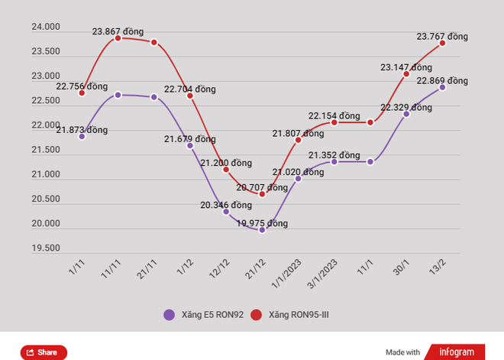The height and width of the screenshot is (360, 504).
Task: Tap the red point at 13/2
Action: (442, 43)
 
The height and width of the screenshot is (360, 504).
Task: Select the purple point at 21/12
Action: (262, 229)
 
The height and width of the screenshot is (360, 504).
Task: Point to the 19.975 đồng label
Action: (262, 223)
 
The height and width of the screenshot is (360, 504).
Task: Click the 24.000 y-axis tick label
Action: (45, 28)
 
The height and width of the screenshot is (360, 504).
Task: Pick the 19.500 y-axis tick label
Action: (45, 248)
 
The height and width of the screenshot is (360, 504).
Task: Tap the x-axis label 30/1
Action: (400, 268)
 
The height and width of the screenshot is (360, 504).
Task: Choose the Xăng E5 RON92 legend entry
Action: (204, 314)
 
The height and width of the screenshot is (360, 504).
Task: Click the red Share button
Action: (44, 352)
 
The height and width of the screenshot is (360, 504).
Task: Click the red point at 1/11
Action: (82, 93)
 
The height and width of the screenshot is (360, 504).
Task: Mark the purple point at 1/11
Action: (82, 136)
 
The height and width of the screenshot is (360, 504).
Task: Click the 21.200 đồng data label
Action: (226, 163)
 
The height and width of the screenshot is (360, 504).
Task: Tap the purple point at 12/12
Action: (226, 211)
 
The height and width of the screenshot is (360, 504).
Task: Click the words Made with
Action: (402, 352)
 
